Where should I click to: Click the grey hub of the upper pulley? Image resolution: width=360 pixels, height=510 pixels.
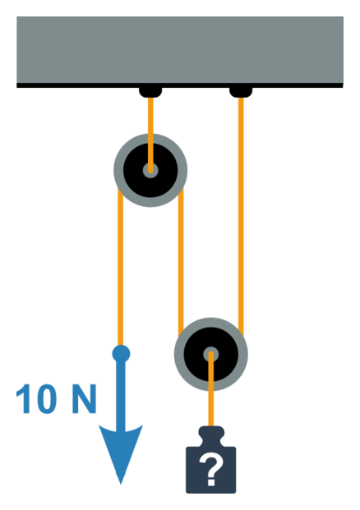[x=150, y=170]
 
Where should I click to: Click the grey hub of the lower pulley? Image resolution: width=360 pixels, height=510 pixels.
[x=211, y=354]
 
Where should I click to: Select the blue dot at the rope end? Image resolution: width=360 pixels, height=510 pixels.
[x=121, y=354]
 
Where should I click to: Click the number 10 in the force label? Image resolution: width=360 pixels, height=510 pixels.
[x=36, y=399]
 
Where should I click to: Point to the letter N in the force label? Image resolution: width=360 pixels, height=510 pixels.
[x=84, y=399]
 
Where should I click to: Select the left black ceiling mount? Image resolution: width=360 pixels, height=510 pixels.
[x=150, y=92]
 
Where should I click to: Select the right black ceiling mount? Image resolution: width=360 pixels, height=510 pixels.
[x=241, y=92]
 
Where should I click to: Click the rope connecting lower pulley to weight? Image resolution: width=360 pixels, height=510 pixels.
[x=211, y=390]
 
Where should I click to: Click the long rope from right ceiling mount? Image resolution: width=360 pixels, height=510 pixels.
[x=241, y=216]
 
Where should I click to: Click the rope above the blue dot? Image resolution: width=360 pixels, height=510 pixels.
[x=121, y=267]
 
